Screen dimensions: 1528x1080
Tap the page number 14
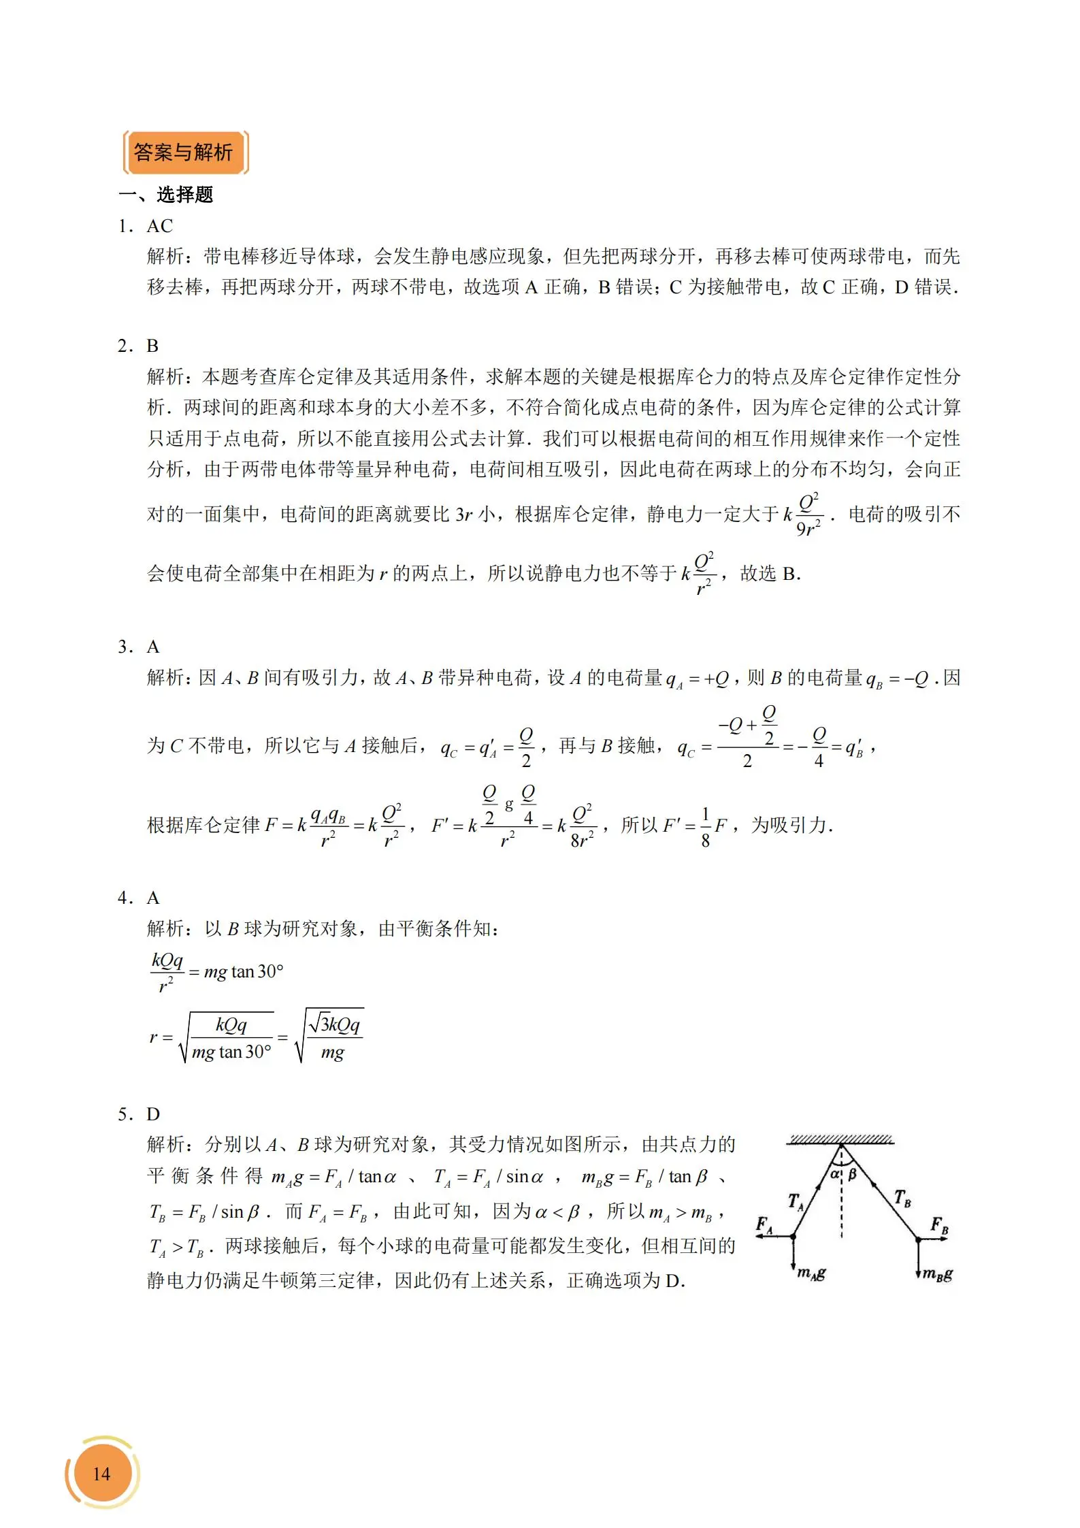[x=101, y=1474]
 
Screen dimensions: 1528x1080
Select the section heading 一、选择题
[x=166, y=195]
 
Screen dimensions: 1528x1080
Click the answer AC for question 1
[x=160, y=226]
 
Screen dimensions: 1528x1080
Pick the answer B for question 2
[x=152, y=346]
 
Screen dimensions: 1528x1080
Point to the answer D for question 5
[x=153, y=1114]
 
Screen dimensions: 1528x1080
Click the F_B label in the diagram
[x=940, y=1225]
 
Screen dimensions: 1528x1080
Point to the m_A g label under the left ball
[x=812, y=1273]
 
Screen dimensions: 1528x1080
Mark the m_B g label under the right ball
[x=938, y=1275]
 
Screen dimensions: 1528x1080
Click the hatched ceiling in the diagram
[x=840, y=1139]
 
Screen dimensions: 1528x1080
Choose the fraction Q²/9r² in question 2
[x=808, y=515]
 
